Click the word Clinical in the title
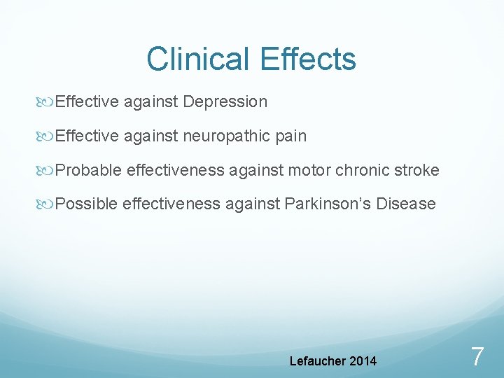(x=198, y=59)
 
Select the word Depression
(x=225, y=102)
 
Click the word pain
(x=291, y=136)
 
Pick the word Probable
(x=88, y=170)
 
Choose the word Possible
(x=87, y=204)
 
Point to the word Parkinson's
(x=327, y=204)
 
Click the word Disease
(x=406, y=204)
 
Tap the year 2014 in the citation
(x=362, y=361)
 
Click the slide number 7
(x=477, y=357)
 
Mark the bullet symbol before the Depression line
(x=47, y=102)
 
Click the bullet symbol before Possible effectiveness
(x=47, y=204)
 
